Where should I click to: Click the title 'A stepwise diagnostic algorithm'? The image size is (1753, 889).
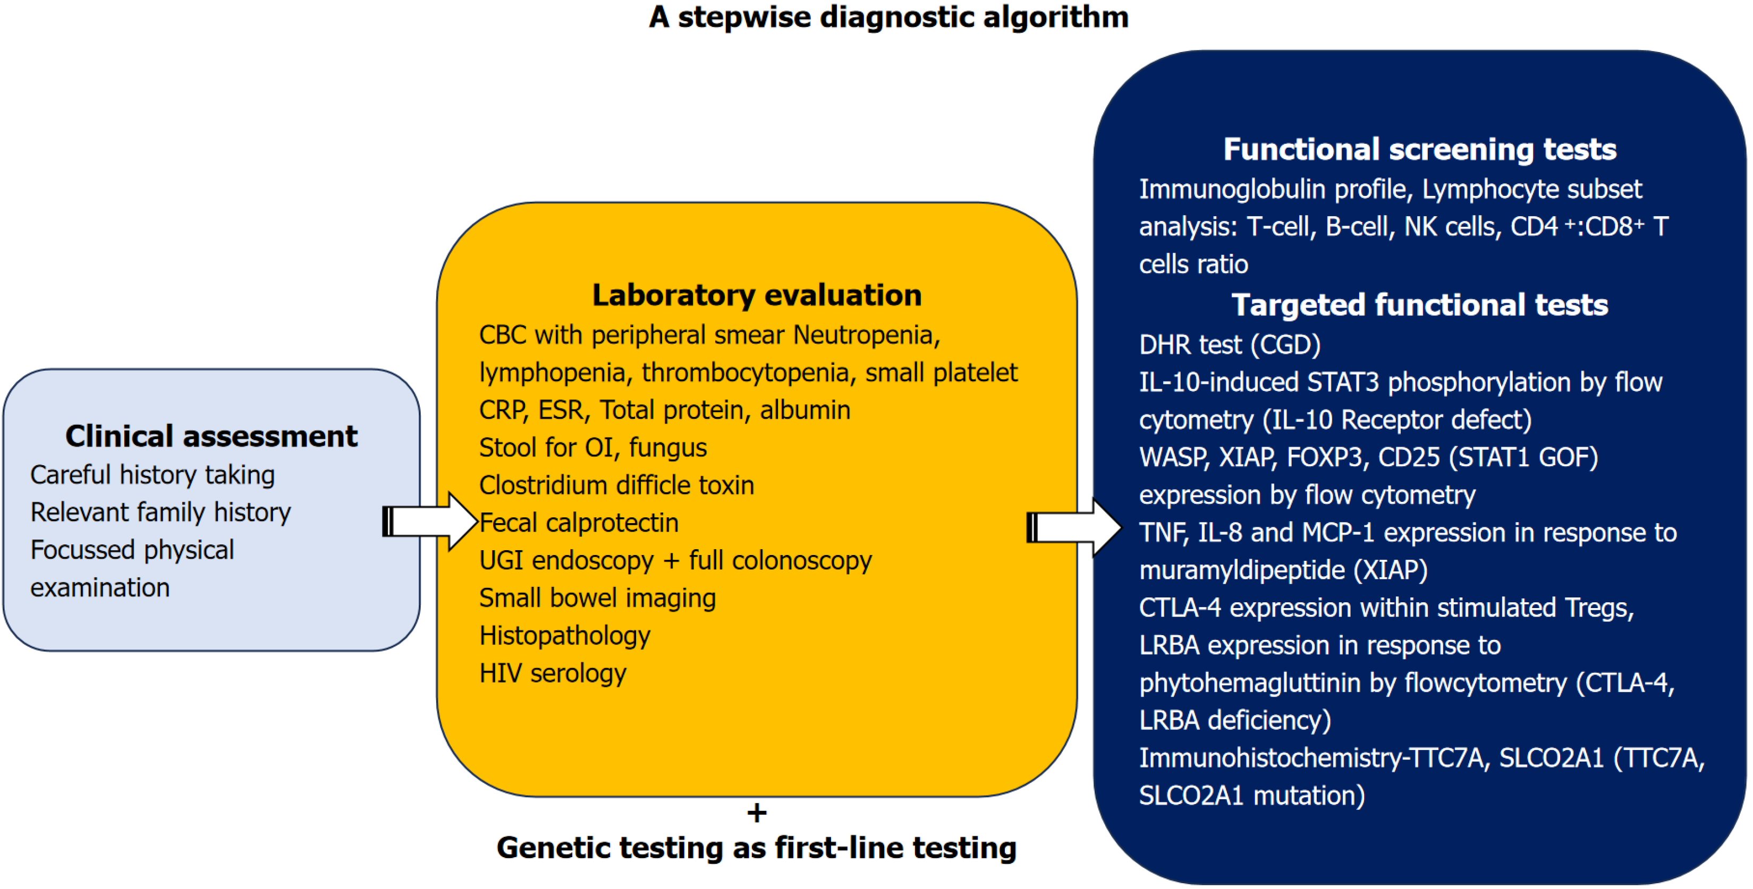click(x=889, y=17)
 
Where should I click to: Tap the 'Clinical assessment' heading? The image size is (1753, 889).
click(x=211, y=436)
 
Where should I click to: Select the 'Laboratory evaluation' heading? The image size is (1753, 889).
click(x=757, y=295)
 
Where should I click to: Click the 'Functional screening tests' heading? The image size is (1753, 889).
click(x=1419, y=149)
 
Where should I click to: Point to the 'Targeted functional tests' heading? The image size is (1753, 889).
click(x=1419, y=305)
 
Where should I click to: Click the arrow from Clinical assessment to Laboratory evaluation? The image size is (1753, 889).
click(x=430, y=522)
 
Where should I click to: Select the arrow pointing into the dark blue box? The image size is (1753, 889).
click(x=1074, y=527)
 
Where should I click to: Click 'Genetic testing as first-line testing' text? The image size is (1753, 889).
click(x=757, y=848)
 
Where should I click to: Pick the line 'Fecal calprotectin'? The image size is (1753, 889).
click(x=579, y=523)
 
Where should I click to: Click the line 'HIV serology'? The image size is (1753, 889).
click(x=553, y=673)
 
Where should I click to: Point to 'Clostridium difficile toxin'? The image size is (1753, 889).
click(x=616, y=485)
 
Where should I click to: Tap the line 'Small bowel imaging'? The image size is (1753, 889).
click(x=597, y=599)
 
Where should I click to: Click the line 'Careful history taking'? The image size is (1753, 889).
click(x=153, y=475)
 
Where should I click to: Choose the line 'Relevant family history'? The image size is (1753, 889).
click(x=160, y=512)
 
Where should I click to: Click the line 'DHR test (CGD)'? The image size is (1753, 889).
click(x=1230, y=345)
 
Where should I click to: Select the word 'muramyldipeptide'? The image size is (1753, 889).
click(x=1242, y=570)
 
